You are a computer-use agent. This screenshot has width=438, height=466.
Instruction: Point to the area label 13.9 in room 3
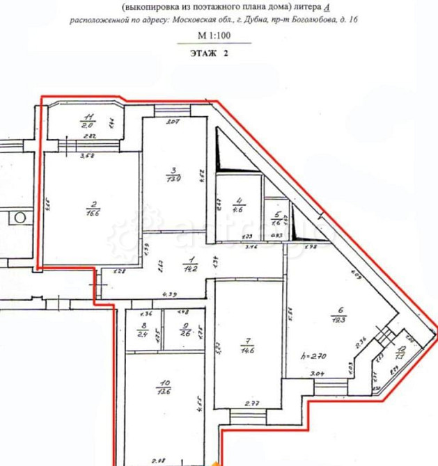point(175,178)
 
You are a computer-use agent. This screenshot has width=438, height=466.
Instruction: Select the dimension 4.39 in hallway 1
point(167,295)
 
